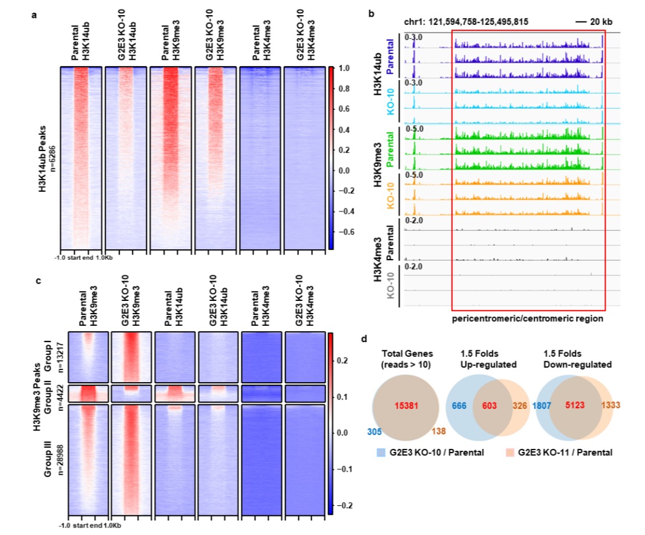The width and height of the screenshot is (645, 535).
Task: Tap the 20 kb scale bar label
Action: (x=604, y=21)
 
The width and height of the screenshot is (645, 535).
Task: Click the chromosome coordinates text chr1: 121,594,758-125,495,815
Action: (x=466, y=21)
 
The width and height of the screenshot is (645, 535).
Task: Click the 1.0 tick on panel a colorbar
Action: (x=343, y=68)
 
